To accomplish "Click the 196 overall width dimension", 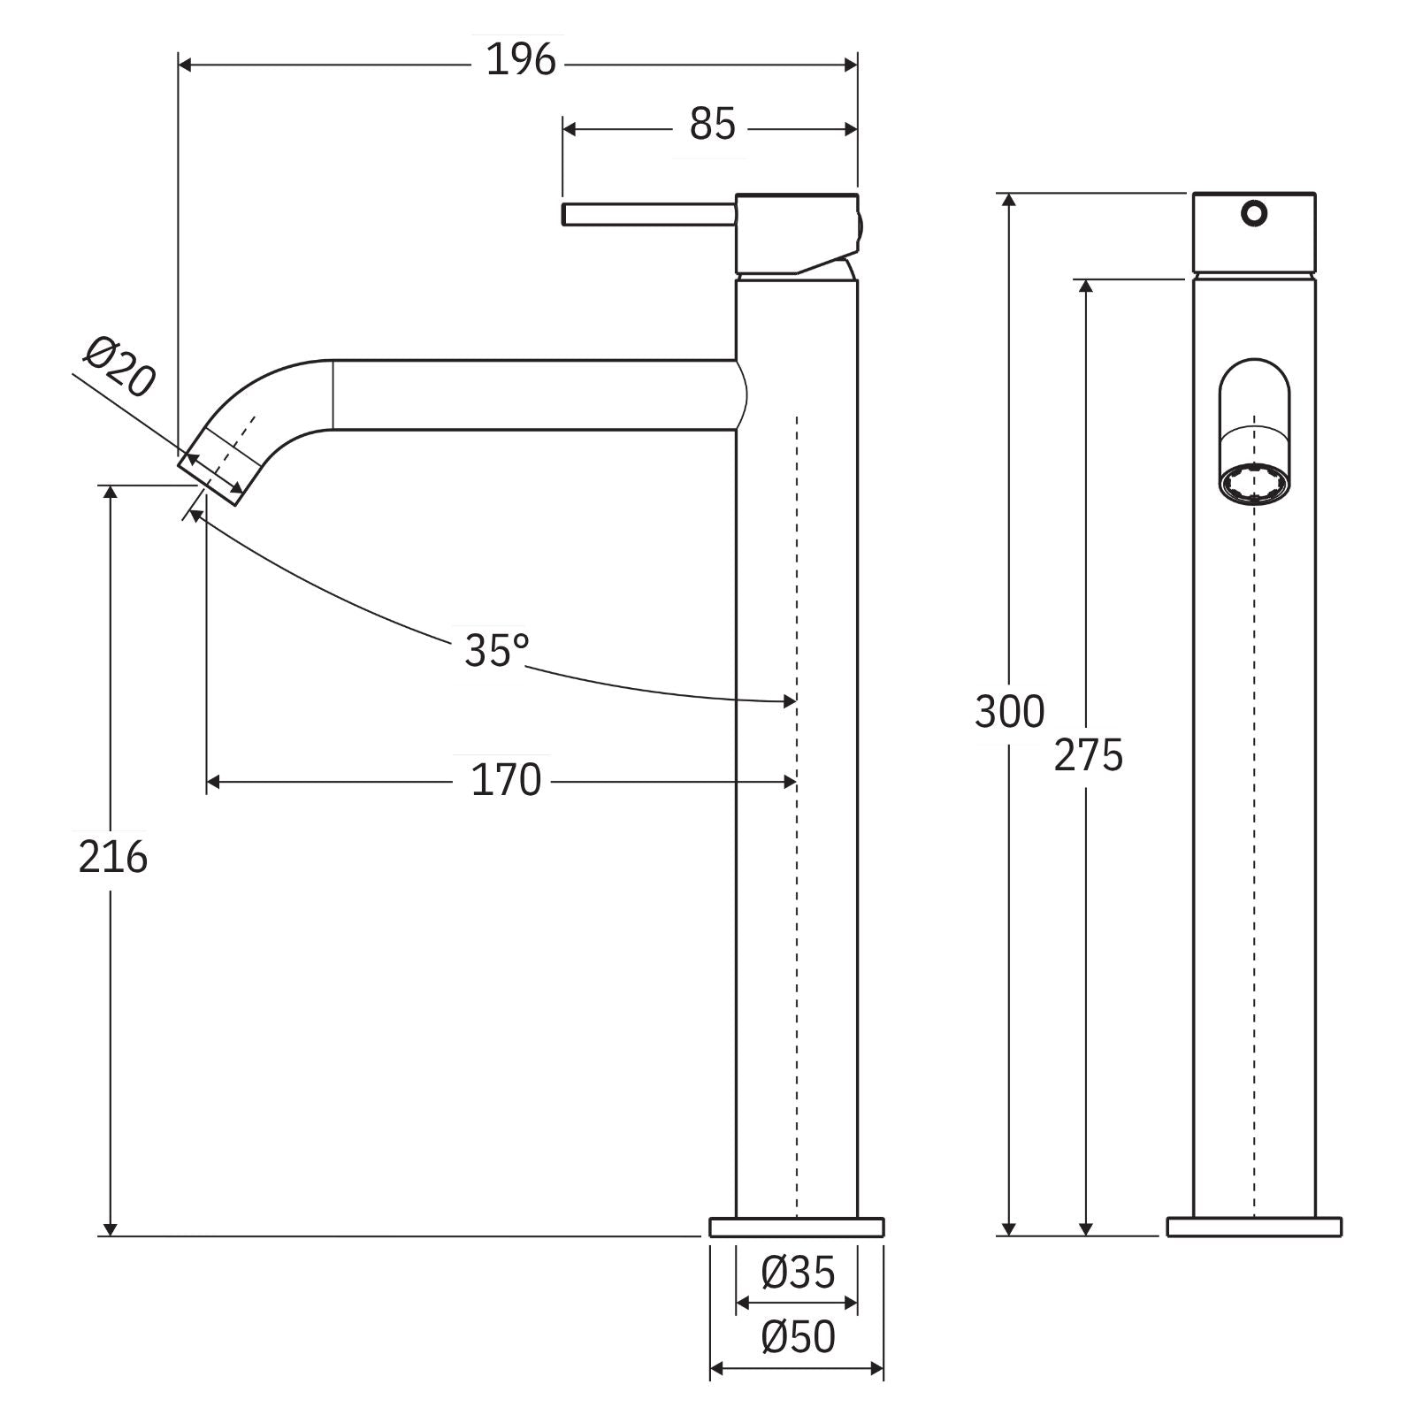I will [x=521, y=61].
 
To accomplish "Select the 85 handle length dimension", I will [x=712, y=125].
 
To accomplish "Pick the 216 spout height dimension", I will [x=112, y=858].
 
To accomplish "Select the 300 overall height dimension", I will [x=1009, y=712].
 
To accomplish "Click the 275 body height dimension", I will [x=1088, y=756].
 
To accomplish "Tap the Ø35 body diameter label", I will [x=798, y=1273].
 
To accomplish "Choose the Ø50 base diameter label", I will [x=798, y=1338].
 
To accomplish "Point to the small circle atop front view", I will [x=1254, y=213].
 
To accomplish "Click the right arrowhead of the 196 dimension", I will [x=851, y=65].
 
